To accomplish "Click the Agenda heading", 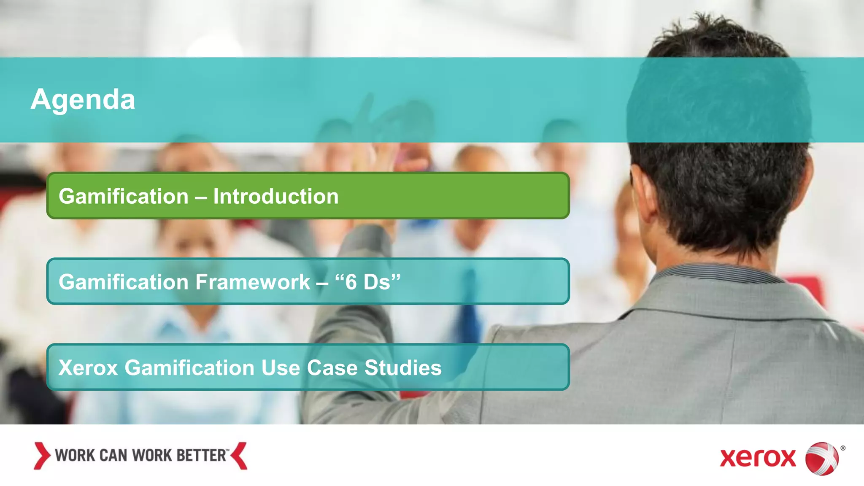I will [x=83, y=100].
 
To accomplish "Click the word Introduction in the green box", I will [x=275, y=197].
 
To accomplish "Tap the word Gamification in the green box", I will [x=123, y=197].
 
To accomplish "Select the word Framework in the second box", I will [x=253, y=282].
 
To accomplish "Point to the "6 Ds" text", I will [x=367, y=282].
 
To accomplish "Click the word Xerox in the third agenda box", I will [x=88, y=368].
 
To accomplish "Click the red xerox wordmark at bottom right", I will [x=758, y=459].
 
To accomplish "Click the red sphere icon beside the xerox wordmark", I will [x=821, y=459].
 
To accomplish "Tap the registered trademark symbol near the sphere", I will [x=843, y=448].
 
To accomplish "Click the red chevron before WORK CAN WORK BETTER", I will [x=42, y=456].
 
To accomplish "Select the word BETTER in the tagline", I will [x=201, y=456].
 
